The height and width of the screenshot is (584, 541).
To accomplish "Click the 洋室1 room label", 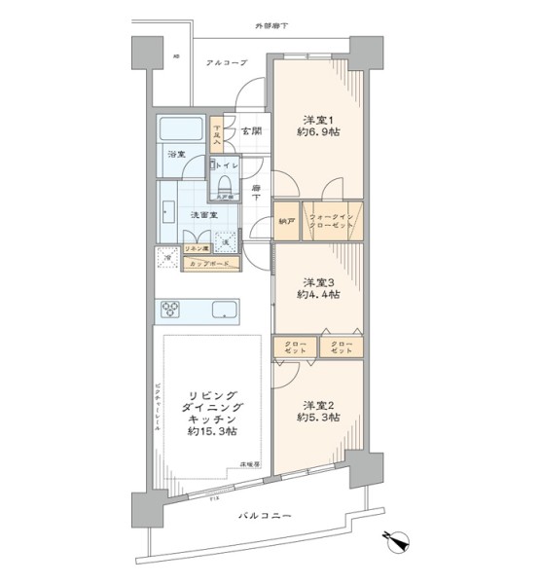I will tap(318, 121).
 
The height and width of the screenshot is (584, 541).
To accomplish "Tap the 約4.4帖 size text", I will tap(318, 293).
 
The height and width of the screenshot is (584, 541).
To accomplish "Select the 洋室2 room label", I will tap(318, 404).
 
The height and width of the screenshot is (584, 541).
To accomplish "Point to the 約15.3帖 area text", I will tap(211, 431).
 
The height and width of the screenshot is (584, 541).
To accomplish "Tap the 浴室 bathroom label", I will tap(175, 155).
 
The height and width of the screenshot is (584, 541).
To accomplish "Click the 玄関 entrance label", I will tap(252, 130).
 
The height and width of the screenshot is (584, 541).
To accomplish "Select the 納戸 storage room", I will tap(286, 220).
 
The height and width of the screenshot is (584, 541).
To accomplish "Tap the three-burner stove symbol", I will tap(171, 310).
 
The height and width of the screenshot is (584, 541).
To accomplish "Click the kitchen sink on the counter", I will tap(223, 310).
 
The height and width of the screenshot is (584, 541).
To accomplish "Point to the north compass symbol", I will tap(397, 537).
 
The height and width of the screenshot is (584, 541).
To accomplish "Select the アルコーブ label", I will tap(226, 63).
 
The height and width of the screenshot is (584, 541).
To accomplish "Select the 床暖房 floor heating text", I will tap(251, 466).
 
